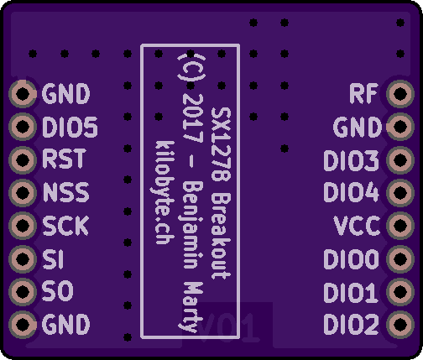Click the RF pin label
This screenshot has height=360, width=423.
tap(363, 94)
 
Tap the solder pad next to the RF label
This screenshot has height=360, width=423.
tap(400, 94)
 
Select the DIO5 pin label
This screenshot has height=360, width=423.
tap(70, 127)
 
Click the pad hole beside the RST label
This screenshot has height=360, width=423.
tap(23, 159)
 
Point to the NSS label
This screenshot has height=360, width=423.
tap(66, 192)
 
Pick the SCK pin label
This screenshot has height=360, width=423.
tap(65, 226)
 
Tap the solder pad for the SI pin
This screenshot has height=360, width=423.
tap(23, 258)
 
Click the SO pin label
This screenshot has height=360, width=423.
tap(58, 291)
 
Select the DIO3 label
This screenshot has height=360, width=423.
tap(351, 160)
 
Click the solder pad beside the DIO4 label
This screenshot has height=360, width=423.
tap(400, 192)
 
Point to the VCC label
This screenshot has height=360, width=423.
tap(357, 226)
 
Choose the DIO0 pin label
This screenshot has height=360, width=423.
tap(351, 259)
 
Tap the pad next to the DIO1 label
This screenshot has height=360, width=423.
tap(400, 292)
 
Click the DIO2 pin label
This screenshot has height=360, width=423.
tap(351, 325)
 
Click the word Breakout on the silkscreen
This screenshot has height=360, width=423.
tap(221, 236)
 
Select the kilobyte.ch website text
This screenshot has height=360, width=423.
tap(164, 192)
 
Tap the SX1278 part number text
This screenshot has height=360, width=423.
tap(221, 144)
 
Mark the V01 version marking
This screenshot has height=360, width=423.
tap(227, 327)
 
